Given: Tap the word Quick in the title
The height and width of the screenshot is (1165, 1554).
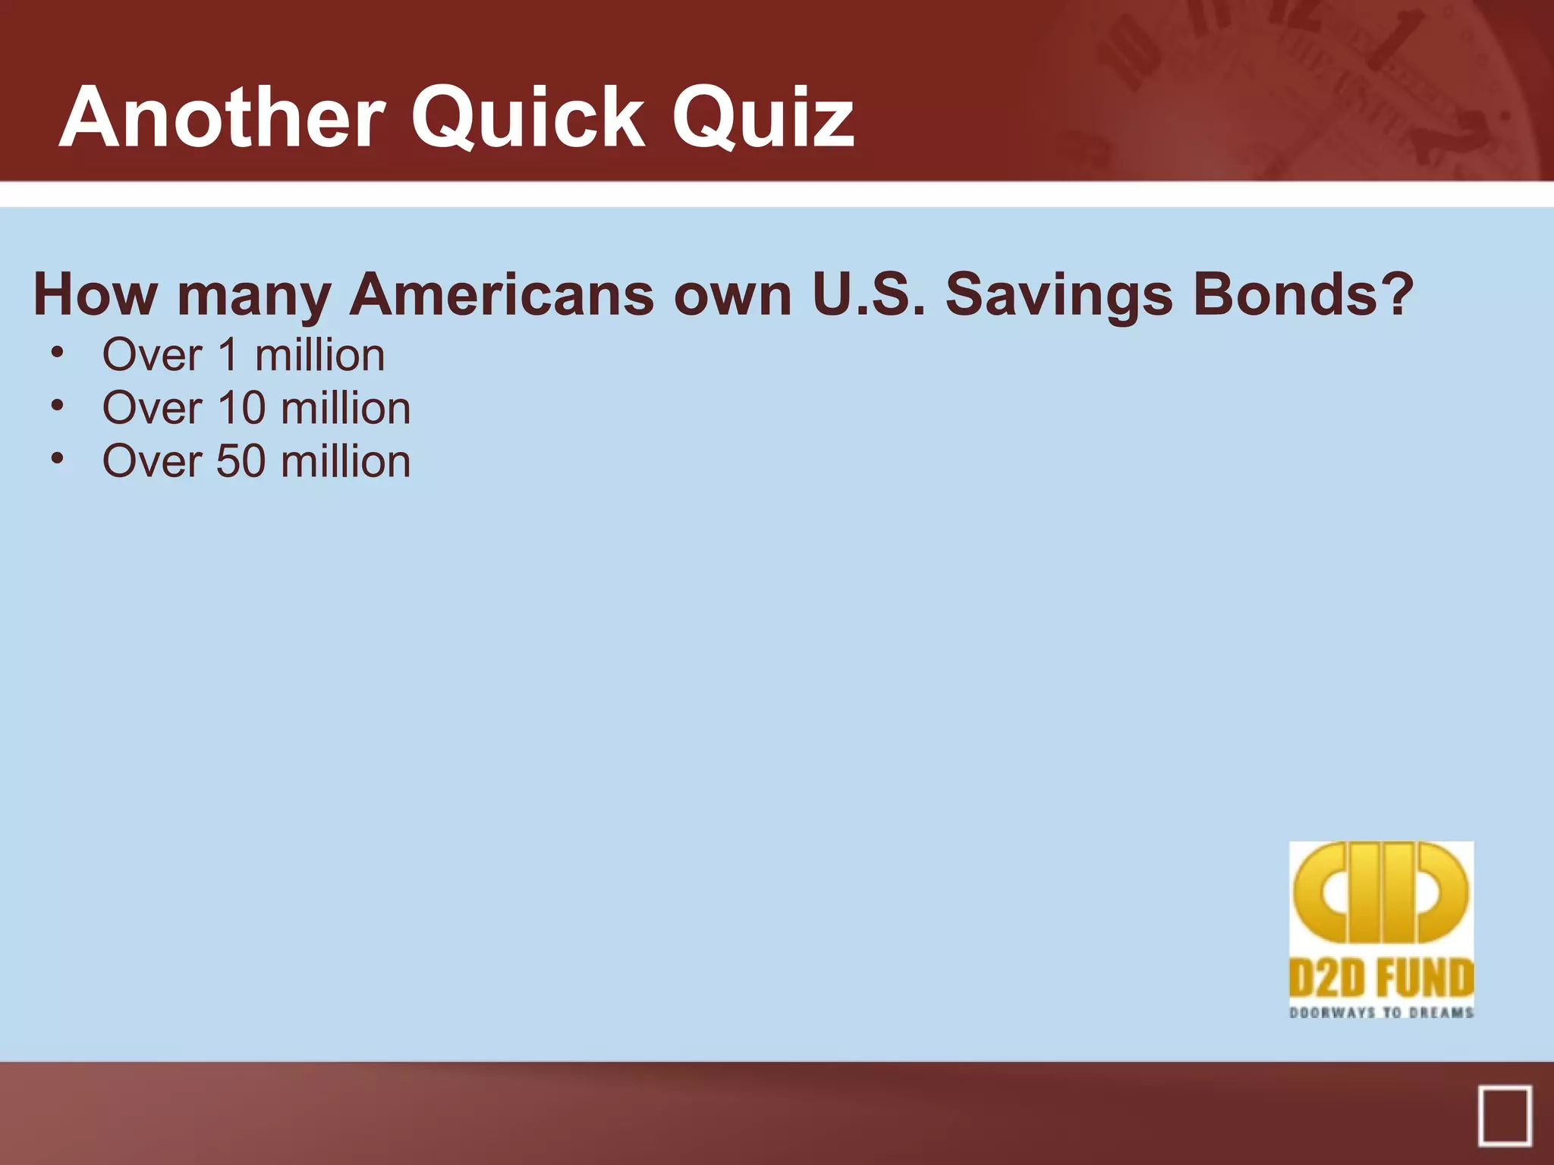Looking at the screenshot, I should [528, 118].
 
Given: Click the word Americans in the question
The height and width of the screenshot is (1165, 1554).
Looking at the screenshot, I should [502, 294].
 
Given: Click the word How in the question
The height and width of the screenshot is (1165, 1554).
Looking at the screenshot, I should [96, 294].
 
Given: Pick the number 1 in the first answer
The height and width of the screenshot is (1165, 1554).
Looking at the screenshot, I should [229, 355].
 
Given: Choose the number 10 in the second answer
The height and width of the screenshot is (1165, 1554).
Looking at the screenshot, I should [241, 408].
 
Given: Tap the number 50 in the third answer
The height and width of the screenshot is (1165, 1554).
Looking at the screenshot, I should [241, 461].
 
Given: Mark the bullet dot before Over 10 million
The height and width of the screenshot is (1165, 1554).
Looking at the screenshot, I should [57, 407].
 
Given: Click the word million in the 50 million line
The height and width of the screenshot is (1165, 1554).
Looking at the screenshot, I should [346, 461].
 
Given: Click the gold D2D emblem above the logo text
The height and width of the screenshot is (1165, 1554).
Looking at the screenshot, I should [1381, 893].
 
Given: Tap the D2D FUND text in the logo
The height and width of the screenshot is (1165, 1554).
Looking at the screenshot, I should [1381, 978].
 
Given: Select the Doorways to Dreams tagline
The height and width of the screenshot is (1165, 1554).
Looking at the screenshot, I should [1381, 1013].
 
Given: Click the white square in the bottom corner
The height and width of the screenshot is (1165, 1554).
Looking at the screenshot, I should [1505, 1116].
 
